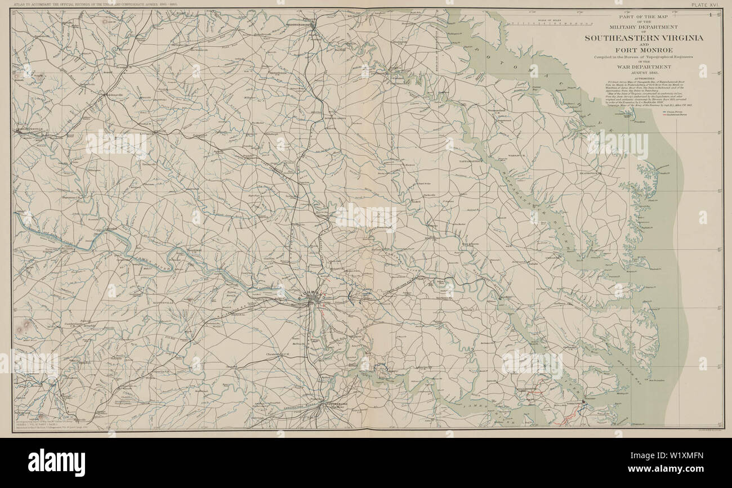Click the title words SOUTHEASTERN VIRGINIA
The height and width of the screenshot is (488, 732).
644,38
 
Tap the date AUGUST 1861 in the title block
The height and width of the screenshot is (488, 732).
644,73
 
